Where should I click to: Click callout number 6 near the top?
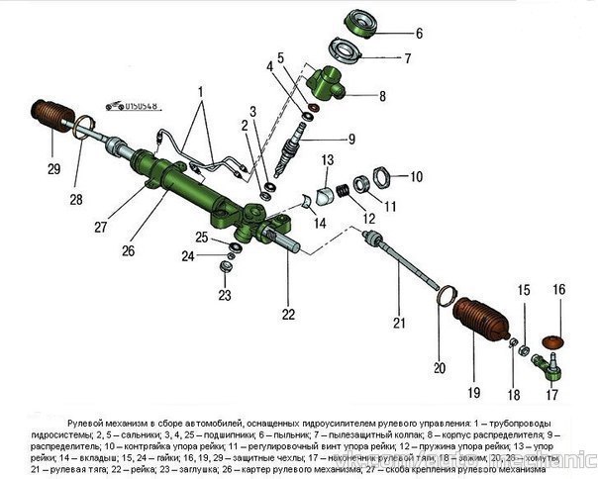[x=418, y=33]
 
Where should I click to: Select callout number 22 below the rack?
[x=288, y=315]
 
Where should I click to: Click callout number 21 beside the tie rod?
[x=399, y=323]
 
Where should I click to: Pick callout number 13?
[x=326, y=159]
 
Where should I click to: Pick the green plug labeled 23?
[x=226, y=266]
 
